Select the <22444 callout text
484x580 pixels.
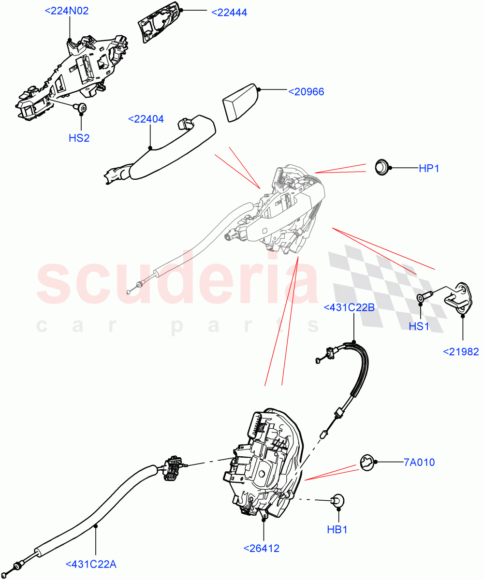click(x=229, y=13)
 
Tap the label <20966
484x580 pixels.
click(x=306, y=91)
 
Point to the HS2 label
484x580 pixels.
click(x=79, y=138)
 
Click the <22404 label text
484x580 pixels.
click(x=146, y=119)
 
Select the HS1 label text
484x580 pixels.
click(x=419, y=326)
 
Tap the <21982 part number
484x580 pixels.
click(x=461, y=351)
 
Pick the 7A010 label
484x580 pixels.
click(x=419, y=463)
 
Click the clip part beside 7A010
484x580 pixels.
click(x=368, y=463)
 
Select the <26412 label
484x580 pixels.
click(x=262, y=548)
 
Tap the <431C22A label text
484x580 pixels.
click(x=91, y=564)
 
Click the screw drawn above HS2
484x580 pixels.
click(x=81, y=108)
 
